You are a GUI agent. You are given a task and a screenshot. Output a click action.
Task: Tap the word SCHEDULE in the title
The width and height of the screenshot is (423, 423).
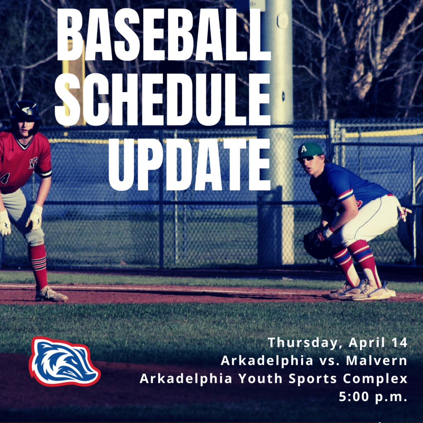[x=163, y=100]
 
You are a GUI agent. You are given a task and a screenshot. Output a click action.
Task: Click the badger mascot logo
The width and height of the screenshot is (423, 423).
[x=64, y=361]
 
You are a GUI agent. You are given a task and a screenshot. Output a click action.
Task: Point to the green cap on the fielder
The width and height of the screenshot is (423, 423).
[x=310, y=150]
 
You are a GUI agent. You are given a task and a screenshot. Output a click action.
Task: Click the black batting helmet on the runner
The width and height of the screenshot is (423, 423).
[x=26, y=112]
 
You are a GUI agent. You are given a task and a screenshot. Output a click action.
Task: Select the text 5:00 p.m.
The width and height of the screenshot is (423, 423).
[x=373, y=397]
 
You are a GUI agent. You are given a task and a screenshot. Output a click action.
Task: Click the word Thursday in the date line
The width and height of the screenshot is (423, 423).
[x=303, y=343]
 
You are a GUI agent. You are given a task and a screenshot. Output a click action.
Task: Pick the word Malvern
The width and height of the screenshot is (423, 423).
[x=377, y=360]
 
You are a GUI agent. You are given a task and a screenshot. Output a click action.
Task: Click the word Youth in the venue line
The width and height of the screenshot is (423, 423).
[x=261, y=378]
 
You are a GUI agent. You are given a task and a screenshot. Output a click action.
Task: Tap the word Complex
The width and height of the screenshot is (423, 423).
[x=375, y=379]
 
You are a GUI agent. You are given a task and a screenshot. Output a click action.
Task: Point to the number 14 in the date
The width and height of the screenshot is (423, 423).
[x=399, y=342]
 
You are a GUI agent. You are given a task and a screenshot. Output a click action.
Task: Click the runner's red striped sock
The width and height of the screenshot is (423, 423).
[x=38, y=265]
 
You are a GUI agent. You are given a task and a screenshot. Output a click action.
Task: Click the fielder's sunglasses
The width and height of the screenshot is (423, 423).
[x=307, y=159]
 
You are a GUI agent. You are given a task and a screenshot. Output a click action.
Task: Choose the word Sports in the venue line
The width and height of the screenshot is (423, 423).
[x=313, y=379]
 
